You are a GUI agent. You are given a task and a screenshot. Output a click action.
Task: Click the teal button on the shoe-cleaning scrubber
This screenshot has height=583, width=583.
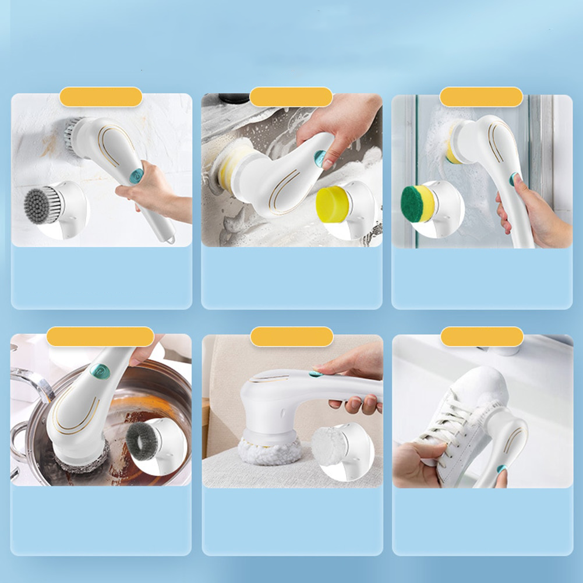pos(501,469)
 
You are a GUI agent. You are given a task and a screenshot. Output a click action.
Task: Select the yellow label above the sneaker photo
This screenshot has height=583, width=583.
pos(482,337)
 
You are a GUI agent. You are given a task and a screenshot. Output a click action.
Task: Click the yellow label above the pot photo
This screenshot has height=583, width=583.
pos(100,337)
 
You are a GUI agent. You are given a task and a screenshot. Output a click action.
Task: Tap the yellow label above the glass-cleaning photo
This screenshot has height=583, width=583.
pos(481,97)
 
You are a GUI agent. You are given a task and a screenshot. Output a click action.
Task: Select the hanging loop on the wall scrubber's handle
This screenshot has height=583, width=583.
pos(169,238)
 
